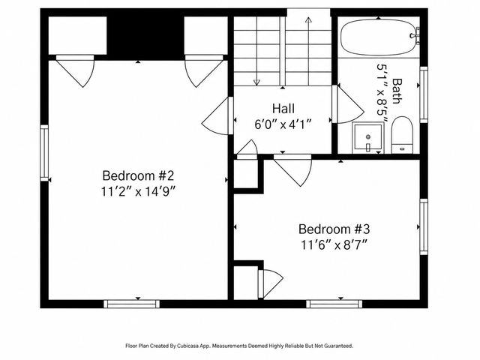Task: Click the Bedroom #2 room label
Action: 138,175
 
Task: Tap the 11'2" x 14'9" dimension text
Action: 138,192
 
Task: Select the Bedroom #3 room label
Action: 334,229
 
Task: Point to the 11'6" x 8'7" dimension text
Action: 334,245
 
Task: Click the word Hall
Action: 283,108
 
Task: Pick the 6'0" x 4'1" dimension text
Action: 283,124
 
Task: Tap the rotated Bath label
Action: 397,91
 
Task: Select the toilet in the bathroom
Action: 402,135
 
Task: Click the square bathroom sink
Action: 368,137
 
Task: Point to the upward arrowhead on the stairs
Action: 308,20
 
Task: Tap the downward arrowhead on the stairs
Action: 256,82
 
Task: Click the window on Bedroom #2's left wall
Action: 44,153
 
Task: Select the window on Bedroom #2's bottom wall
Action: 132,304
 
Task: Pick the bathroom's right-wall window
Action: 424,94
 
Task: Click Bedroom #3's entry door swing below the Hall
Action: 293,169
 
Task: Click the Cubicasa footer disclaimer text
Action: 239,346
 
